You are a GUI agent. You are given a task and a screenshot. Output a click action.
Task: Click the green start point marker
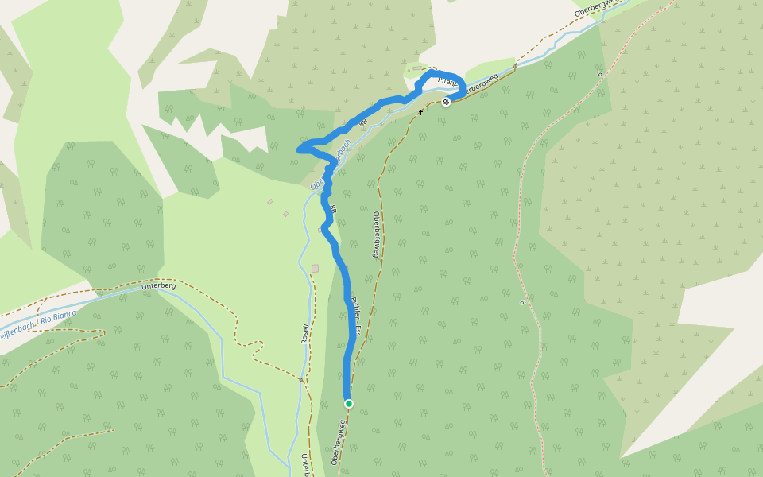pos(348,404)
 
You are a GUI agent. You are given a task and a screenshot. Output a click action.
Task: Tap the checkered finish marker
pos(447,102)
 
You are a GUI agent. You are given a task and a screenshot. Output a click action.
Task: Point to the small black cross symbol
pos(421,111)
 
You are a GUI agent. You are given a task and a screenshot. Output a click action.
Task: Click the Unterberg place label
pos(157,285)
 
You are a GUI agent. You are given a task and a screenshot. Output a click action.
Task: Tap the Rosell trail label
pos(304,335)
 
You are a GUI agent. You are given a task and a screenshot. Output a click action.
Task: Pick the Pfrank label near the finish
pos(448,82)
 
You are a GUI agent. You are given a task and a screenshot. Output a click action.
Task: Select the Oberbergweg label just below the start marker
pos(339,444)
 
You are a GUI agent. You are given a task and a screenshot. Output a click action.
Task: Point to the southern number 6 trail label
pos(524,302)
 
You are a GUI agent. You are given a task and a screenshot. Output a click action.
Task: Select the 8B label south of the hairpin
pos(334,210)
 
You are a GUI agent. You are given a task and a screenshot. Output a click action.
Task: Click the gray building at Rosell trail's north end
pos(315,268)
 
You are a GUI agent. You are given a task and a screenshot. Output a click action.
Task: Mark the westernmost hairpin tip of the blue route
pos(300,148)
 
